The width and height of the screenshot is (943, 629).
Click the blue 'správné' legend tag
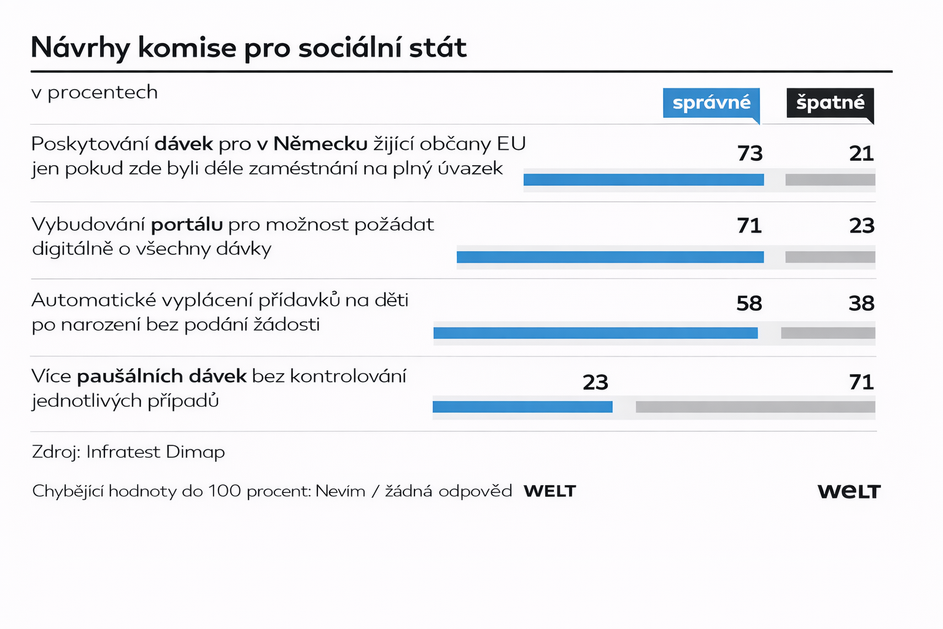[711, 103]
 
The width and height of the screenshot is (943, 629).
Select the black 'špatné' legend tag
[830, 103]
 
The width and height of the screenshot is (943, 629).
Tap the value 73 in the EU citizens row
[750, 153]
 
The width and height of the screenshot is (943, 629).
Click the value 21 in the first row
[861, 153]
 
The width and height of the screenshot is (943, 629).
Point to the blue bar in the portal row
[610, 257]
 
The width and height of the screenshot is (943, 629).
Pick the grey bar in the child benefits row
[828, 333]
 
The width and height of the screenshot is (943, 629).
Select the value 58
[749, 303]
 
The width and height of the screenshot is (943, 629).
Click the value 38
[861, 303]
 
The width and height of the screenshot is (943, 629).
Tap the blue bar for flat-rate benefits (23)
[522, 407]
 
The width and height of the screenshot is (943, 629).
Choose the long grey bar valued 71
[755, 407]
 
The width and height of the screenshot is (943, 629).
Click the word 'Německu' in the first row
[320, 144]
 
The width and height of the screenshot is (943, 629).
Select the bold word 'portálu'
[187, 224]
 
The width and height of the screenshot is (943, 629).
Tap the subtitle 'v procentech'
[95, 92]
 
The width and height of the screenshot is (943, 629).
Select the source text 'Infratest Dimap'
[155, 452]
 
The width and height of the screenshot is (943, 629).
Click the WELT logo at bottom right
[849, 491]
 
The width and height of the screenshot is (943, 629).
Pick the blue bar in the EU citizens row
[643, 180]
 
